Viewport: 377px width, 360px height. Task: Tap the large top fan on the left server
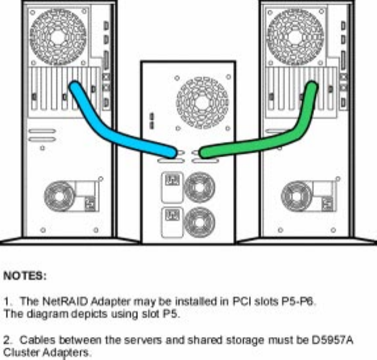pos(58,37)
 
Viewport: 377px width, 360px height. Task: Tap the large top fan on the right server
pos(296,37)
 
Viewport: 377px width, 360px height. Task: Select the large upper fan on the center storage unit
pos(202,103)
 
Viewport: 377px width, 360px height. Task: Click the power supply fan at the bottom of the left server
pos(59,196)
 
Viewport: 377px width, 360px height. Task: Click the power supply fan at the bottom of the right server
pos(296,196)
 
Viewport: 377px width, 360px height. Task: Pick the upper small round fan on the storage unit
pos(199,187)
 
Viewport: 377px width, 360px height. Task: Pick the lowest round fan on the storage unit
pos(199,222)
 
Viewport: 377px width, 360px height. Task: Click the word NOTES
pos(24,276)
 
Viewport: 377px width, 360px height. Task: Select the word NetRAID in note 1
pos(65,301)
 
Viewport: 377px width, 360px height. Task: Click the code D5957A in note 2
pos(332,340)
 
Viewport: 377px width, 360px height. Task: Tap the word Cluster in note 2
pos(22,353)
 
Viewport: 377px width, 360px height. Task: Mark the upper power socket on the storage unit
pos(172,180)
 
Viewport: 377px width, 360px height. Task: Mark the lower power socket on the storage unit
pos(172,215)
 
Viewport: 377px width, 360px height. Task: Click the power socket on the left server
pos(90,204)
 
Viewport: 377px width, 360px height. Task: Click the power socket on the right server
pos(327,204)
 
